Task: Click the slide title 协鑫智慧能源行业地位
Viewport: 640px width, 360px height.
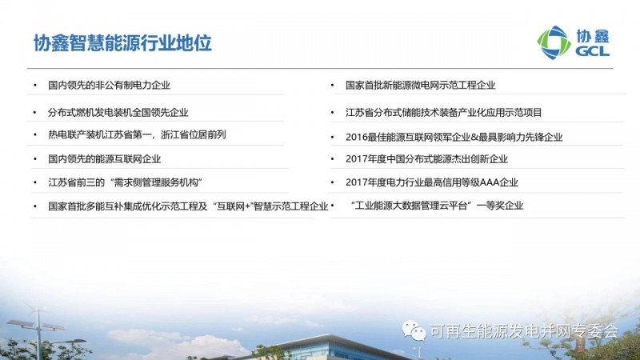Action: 122,43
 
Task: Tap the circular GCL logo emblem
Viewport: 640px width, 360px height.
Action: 554,42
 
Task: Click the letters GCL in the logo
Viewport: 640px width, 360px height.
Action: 592,50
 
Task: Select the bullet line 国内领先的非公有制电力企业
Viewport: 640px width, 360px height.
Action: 109,85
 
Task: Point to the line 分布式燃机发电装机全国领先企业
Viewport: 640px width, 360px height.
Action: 118,112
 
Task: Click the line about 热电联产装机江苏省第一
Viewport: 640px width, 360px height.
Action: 137,134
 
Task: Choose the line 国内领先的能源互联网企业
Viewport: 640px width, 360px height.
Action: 105,158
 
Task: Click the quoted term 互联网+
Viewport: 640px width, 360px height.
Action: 231,206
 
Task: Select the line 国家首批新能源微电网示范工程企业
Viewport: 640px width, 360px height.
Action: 421,85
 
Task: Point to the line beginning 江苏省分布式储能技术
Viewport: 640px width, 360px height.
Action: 444,112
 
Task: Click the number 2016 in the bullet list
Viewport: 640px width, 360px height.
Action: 356,137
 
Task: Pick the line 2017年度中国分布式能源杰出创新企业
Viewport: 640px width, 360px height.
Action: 426,158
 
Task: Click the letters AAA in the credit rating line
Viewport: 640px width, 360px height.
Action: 490,182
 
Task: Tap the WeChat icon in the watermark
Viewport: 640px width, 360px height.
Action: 414,330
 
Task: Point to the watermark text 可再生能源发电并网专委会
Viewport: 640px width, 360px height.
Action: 525,331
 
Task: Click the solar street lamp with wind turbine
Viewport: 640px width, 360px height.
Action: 38,330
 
